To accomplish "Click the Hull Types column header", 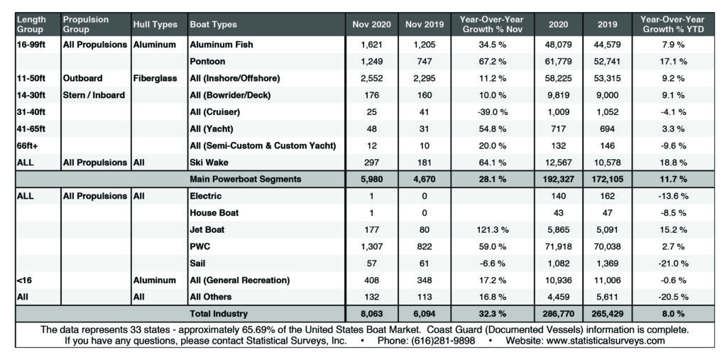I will [155, 24].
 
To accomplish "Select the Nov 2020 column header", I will [372, 24].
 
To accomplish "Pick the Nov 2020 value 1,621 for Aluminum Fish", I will [372, 45].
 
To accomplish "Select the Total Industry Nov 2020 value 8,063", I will [372, 312].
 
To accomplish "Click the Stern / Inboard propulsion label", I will [93, 95].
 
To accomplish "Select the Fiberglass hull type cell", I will [155, 79].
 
